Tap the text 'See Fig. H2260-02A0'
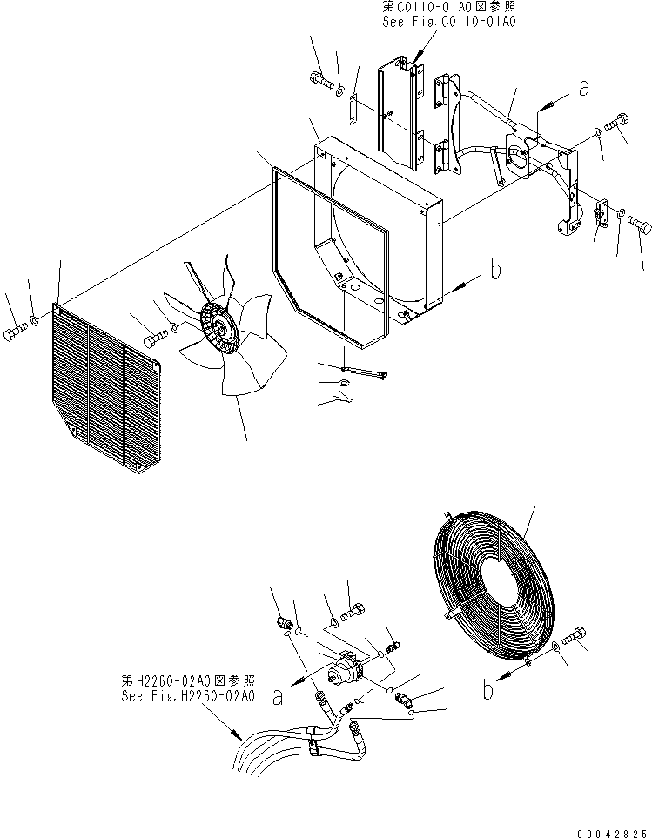click(190, 697)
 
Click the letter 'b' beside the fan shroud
click(495, 271)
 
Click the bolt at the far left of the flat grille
click(16, 336)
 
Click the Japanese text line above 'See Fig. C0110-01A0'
click(448, 6)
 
